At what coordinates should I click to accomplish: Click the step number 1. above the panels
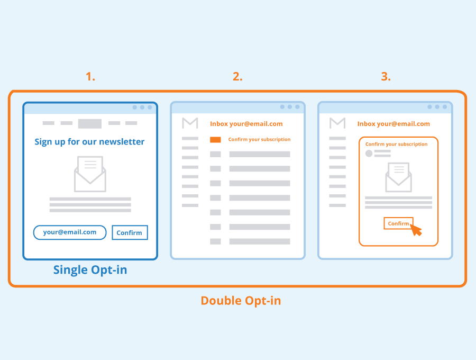click(x=90, y=76)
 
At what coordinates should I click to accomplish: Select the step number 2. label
click(x=237, y=76)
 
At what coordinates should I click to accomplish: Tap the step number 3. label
click(x=386, y=76)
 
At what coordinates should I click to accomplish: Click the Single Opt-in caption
click(x=90, y=270)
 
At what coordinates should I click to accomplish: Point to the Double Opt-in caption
click(x=241, y=301)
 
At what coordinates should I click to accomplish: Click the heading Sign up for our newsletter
click(x=89, y=141)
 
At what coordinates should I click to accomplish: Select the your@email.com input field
click(x=70, y=232)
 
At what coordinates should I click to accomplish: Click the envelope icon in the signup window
click(x=90, y=174)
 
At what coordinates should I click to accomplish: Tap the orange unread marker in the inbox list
click(x=215, y=140)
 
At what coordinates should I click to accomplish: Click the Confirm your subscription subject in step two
click(x=259, y=140)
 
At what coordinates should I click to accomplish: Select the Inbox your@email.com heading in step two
click(x=246, y=124)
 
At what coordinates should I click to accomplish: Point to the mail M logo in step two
click(x=190, y=123)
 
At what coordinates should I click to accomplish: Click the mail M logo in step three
click(x=337, y=123)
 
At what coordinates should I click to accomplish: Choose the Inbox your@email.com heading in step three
click(x=393, y=124)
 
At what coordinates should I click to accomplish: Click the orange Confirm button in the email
click(x=398, y=223)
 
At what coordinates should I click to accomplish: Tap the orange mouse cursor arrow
click(x=416, y=230)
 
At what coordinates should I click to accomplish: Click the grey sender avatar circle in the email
click(x=369, y=154)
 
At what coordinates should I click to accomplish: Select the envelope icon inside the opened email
click(x=398, y=177)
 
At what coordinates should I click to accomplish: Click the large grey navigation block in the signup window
click(x=90, y=124)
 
